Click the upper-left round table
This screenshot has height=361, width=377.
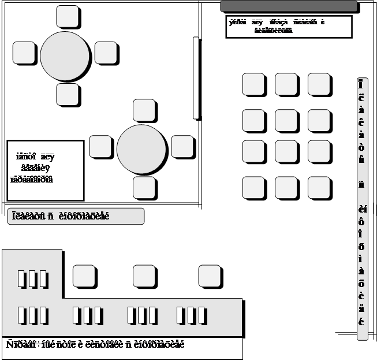point(65,56)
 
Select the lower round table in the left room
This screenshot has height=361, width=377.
point(141,149)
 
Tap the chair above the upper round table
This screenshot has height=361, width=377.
point(68,17)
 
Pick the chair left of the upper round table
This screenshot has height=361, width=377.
point(24,53)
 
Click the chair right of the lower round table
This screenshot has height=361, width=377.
point(182,147)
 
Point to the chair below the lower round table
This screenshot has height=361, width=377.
point(144,188)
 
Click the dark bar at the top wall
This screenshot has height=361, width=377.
point(288,6)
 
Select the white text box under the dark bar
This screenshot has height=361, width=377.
point(288,27)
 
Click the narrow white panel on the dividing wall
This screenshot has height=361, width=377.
point(196,78)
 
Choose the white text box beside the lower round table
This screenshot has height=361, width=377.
point(45,170)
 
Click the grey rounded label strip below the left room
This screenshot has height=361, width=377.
point(75,216)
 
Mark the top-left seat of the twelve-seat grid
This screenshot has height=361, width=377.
point(253,84)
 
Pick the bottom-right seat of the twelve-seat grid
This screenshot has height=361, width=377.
point(319,188)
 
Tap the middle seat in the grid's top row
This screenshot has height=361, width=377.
point(286,84)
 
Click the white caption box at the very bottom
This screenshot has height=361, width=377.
point(122,348)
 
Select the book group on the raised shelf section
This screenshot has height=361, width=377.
point(32,279)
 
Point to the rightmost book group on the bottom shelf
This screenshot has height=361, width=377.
point(190,315)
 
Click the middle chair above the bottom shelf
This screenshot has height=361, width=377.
point(144,276)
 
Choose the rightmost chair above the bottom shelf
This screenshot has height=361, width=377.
point(210,276)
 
